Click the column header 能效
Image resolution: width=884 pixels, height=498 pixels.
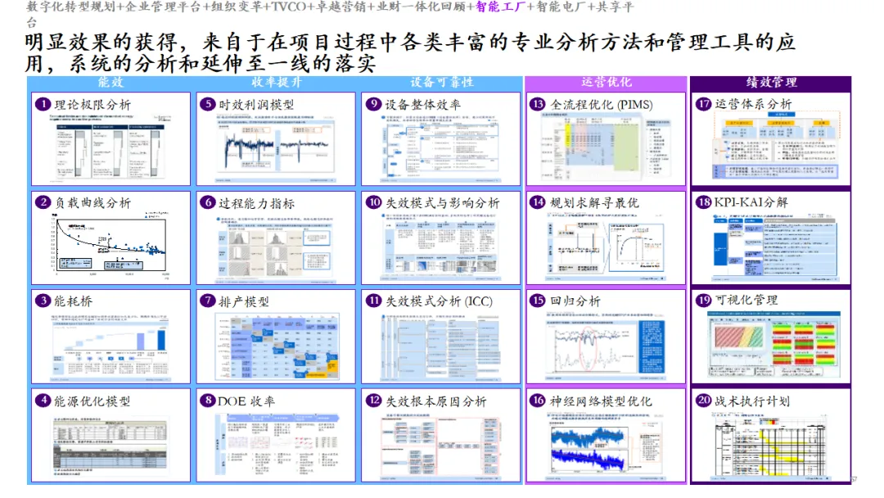pos(110,83)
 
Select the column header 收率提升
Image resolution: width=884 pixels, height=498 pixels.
pos(276,83)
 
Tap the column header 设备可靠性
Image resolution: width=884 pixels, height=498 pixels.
pos(441,83)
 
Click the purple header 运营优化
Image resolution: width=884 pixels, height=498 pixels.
pos(606,83)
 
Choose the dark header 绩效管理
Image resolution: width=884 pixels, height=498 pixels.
pos(771,83)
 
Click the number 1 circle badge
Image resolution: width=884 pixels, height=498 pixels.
pos(43,105)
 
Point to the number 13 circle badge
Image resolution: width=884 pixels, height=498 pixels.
pos(538,105)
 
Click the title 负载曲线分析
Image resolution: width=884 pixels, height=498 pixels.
pos(92,203)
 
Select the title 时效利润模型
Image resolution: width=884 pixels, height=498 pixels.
pos(256,105)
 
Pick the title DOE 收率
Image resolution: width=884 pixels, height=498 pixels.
pos(246,401)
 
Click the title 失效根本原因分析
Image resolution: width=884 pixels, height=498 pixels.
pos(435,401)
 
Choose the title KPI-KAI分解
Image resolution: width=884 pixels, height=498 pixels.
pos(751,202)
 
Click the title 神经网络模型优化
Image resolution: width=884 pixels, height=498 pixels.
pos(602,401)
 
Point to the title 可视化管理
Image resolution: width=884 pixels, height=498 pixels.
pos(746,301)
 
